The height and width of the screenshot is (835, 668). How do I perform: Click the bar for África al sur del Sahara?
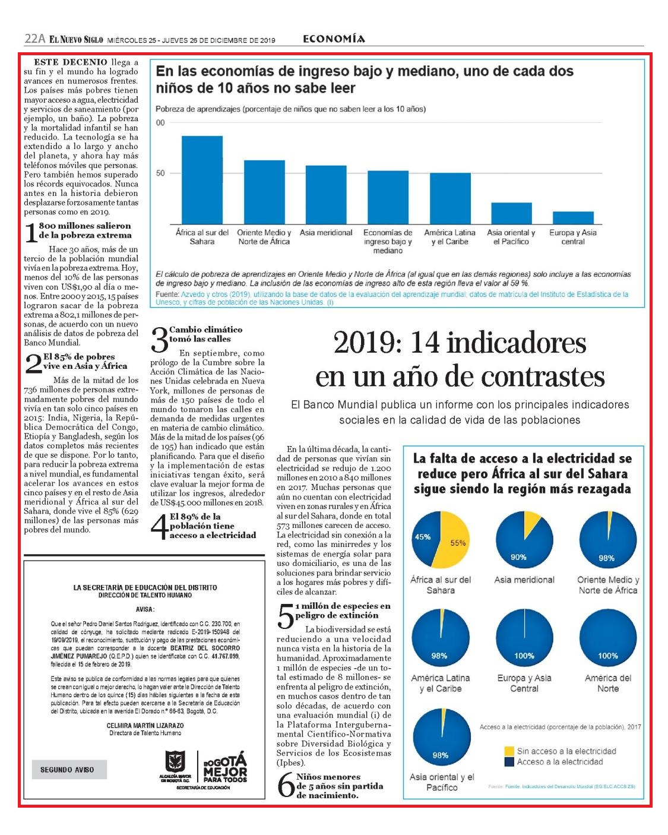pyautogui.click(x=202, y=180)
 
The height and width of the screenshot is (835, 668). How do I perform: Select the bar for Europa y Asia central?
pyautogui.click(x=573, y=218)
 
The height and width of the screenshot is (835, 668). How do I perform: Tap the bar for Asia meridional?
pyautogui.click(x=326, y=195)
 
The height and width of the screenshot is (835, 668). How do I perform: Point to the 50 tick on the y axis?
pyautogui.click(x=160, y=173)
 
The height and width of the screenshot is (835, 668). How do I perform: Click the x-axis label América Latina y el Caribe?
pyautogui.click(x=449, y=237)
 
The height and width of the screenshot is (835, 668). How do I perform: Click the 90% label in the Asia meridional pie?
pyautogui.click(x=518, y=557)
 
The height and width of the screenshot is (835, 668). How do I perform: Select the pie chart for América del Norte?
pyautogui.click(x=608, y=637)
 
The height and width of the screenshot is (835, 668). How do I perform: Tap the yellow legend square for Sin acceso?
pyautogui.click(x=509, y=751)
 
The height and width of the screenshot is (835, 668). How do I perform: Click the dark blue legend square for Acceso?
pyautogui.click(x=509, y=762)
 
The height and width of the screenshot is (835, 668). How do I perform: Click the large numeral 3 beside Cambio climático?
pyautogui.click(x=160, y=340)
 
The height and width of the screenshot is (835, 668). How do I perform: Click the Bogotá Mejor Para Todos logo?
pyautogui.click(x=226, y=767)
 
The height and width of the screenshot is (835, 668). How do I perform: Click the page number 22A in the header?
pyautogui.click(x=35, y=39)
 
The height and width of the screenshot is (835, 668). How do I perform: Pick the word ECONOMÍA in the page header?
pyautogui.click(x=334, y=39)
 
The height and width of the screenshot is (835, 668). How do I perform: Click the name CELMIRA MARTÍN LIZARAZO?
pyautogui.click(x=145, y=725)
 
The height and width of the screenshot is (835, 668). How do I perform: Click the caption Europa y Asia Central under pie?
pyautogui.click(x=524, y=684)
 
